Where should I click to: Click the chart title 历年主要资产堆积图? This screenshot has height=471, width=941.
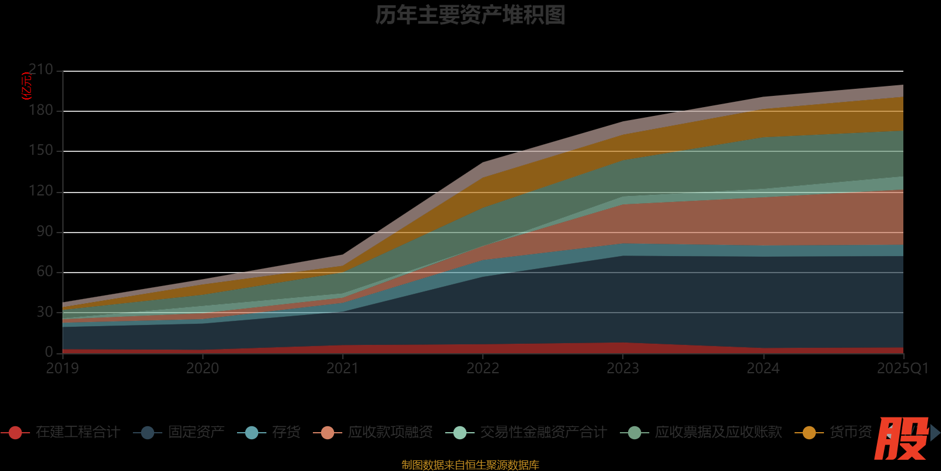(470, 15)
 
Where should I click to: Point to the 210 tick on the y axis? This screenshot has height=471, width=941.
(41, 70)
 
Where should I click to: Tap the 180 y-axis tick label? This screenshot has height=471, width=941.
(41, 111)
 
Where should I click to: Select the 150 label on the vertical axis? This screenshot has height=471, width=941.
(41, 151)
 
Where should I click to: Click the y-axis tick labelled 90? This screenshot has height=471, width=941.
(45, 232)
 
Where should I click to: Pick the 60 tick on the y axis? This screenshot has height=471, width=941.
(45, 272)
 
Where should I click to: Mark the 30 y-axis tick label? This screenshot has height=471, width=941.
(45, 312)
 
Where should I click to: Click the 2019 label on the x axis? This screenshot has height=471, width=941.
(62, 369)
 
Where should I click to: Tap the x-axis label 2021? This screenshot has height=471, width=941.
(342, 369)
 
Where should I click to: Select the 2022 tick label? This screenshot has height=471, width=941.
(483, 369)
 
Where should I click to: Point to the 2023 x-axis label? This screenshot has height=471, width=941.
(623, 369)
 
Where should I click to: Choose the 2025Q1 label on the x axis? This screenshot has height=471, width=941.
(902, 369)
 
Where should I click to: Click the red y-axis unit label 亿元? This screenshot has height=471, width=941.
(26, 86)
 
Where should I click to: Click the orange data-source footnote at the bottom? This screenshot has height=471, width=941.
(470, 465)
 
